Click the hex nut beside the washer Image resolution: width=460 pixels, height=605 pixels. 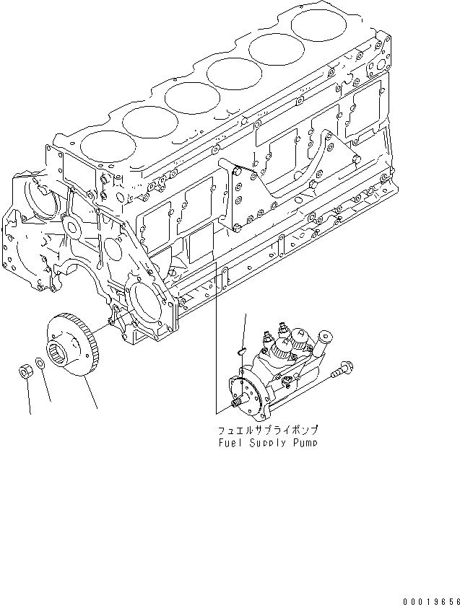tap(23, 372)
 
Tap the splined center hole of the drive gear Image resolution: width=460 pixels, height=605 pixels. tap(58, 355)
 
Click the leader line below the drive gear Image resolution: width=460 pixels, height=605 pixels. tap(90, 393)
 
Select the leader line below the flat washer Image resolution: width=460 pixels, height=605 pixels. tap(47, 389)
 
